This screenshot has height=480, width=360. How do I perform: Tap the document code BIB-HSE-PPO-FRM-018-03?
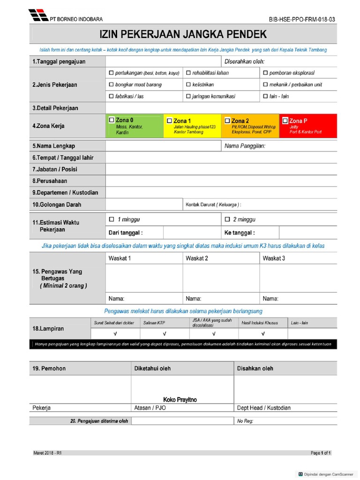[x=302, y=20]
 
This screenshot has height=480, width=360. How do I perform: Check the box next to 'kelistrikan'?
[x=188, y=85]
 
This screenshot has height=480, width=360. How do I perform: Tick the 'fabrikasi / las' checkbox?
[x=111, y=97]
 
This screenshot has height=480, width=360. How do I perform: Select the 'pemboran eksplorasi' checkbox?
[x=265, y=73]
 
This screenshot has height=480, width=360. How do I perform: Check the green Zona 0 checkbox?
[x=112, y=120]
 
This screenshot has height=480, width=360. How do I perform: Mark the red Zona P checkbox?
[x=285, y=121]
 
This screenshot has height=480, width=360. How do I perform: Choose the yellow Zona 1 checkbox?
[x=170, y=121]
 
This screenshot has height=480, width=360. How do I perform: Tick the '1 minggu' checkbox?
[x=112, y=219]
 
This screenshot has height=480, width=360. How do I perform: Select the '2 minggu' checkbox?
[x=228, y=219]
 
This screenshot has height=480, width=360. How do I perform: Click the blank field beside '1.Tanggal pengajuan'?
[x=163, y=62]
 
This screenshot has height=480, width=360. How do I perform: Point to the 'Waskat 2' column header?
[x=197, y=258]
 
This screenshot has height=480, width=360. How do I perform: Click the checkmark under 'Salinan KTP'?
[x=165, y=334]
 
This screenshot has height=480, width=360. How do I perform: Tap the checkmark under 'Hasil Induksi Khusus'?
[x=262, y=334]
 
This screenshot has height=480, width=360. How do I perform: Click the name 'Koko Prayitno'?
[x=180, y=400]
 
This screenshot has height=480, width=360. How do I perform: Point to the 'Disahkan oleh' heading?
[x=255, y=368]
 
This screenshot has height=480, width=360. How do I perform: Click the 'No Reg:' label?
[x=245, y=421]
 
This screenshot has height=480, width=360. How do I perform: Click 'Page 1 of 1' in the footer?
[x=321, y=453]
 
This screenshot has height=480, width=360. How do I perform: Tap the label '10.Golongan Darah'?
[x=57, y=204]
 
